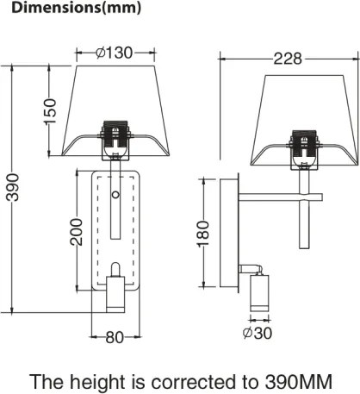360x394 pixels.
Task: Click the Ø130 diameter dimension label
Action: [x=114, y=53]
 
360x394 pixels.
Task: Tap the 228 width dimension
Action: [x=288, y=59]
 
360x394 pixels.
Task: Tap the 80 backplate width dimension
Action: [x=115, y=337]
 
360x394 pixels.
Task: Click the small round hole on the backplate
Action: [x=115, y=196]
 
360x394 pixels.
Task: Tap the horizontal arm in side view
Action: [x=276, y=200]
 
